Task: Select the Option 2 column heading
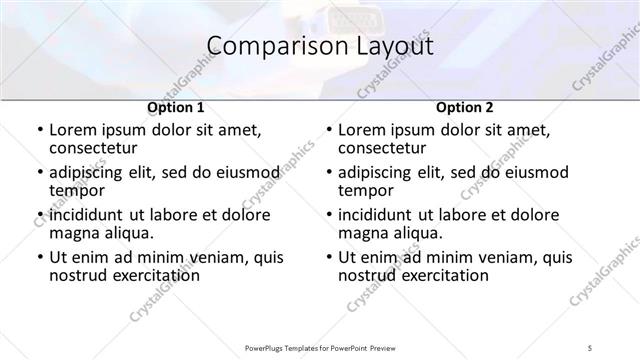point(465,107)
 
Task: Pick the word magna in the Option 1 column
point(74,234)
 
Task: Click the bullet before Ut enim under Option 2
point(329,258)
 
